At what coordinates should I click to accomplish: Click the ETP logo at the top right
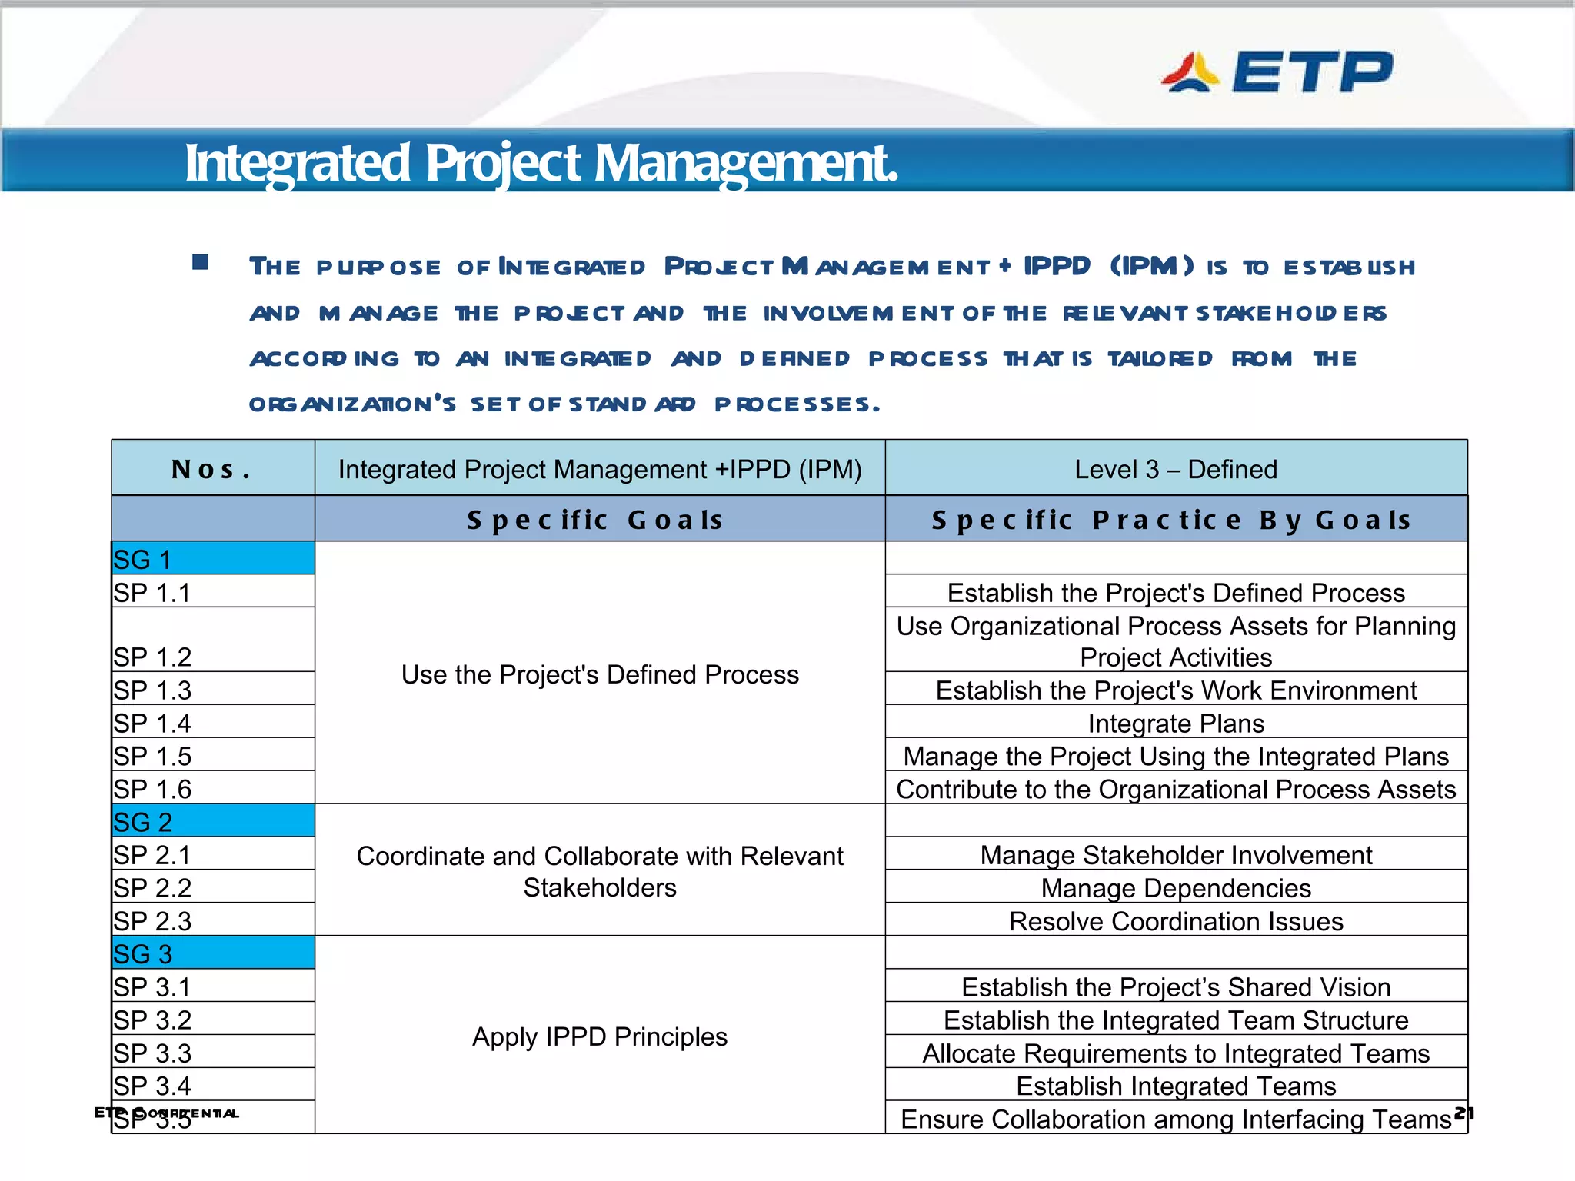[1277, 72]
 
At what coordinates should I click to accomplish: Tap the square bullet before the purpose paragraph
[200, 263]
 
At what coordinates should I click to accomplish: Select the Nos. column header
[212, 469]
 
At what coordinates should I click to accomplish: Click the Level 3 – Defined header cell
[1175, 469]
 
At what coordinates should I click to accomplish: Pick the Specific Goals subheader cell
[598, 520]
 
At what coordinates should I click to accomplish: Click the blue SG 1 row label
[212, 559]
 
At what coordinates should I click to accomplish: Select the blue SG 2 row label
[212, 822]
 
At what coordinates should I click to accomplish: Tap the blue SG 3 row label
[212, 953]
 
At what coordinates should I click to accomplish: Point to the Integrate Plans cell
[1175, 723]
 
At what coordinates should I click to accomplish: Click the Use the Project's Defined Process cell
[599, 674]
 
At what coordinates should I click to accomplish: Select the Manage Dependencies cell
[1175, 888]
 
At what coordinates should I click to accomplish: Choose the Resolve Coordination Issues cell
[1175, 921]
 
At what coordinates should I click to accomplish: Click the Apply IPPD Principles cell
[599, 1036]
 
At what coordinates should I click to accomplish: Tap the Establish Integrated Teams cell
[1175, 1086]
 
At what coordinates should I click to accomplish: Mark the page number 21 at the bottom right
[1463, 1113]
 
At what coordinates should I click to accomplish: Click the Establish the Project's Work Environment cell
[1175, 690]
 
